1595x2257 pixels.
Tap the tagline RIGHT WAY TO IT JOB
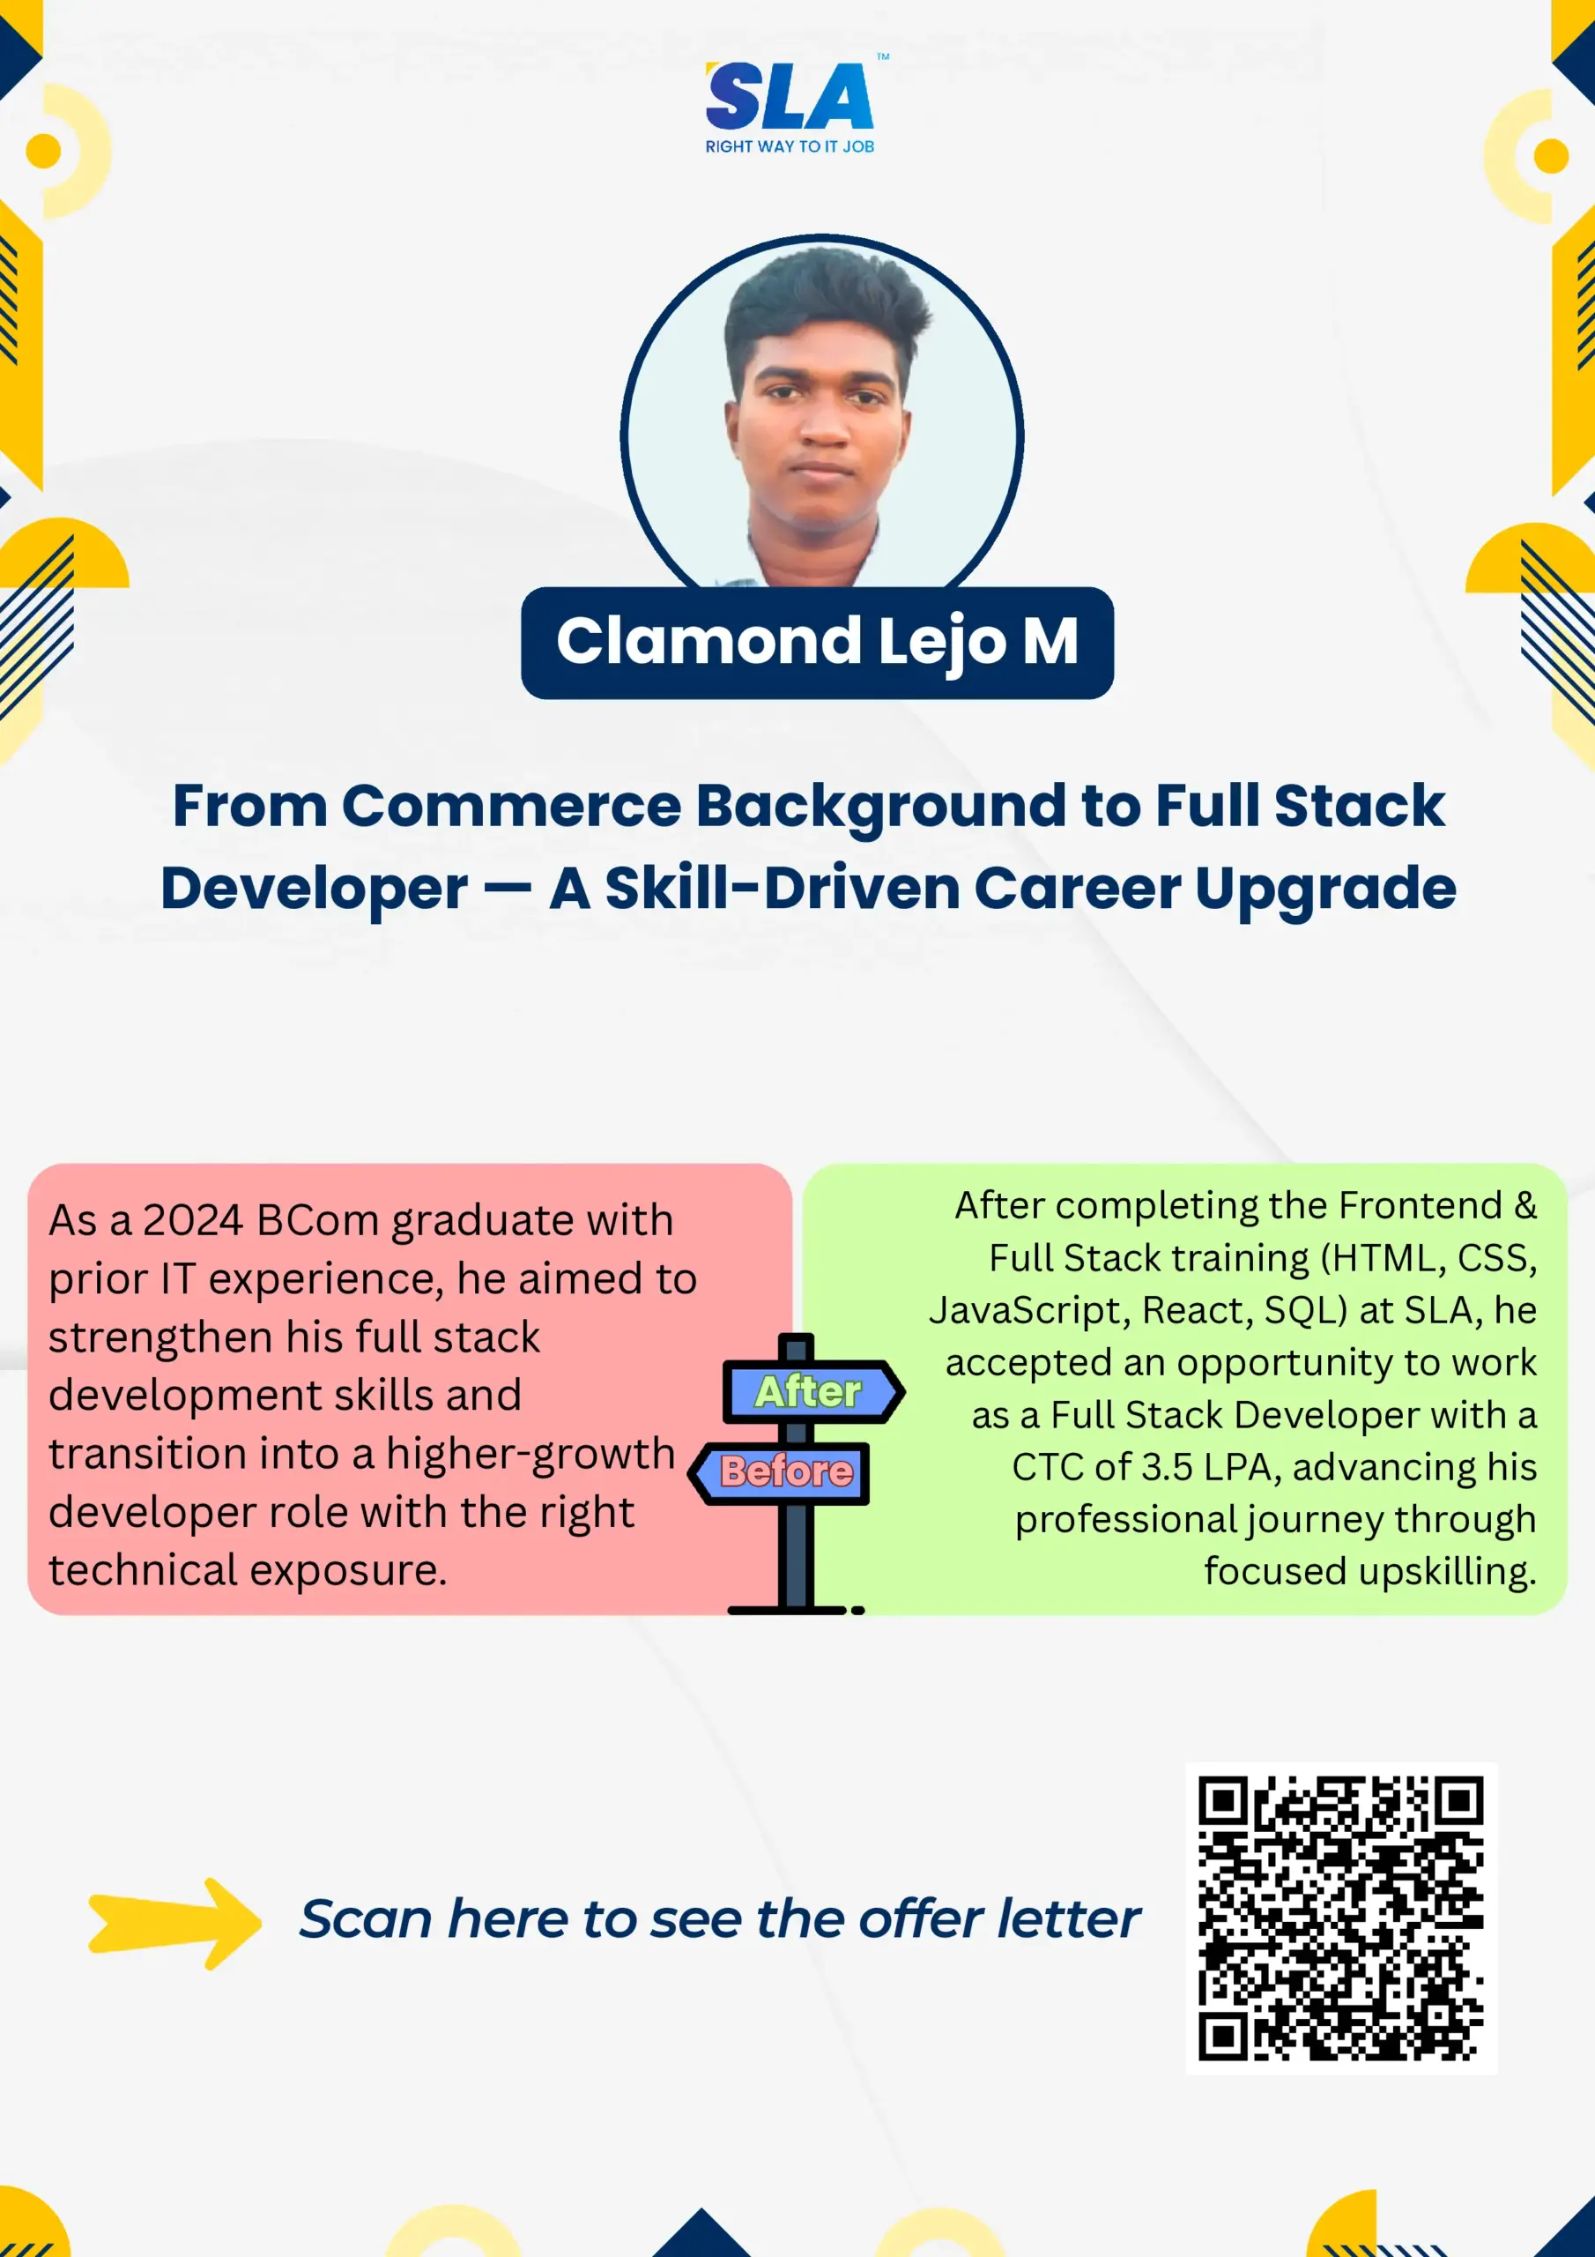[790, 146]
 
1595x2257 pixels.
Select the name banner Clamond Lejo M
[817, 642]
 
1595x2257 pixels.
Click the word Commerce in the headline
[511, 806]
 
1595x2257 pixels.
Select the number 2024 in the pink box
[193, 1220]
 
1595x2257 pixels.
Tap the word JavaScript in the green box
[1030, 1311]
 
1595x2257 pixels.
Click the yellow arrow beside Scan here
[175, 1922]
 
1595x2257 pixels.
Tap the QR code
[1341, 1918]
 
